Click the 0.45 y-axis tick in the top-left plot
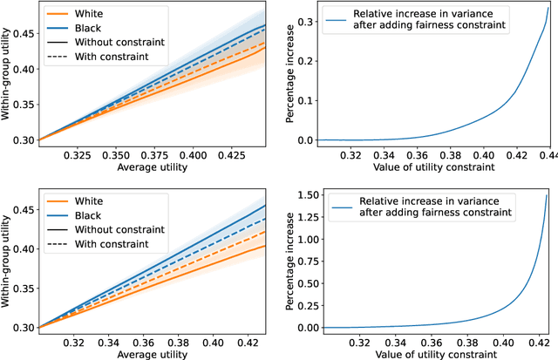tap(20, 33)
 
